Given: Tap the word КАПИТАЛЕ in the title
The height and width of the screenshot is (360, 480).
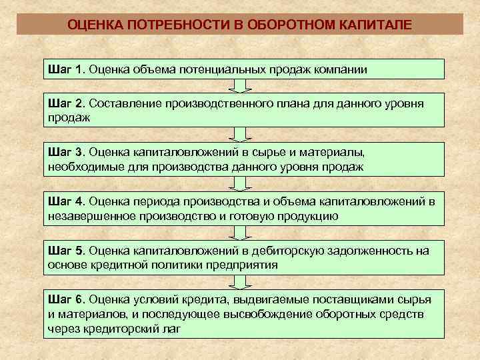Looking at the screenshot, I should pyautogui.click(x=376, y=25).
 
